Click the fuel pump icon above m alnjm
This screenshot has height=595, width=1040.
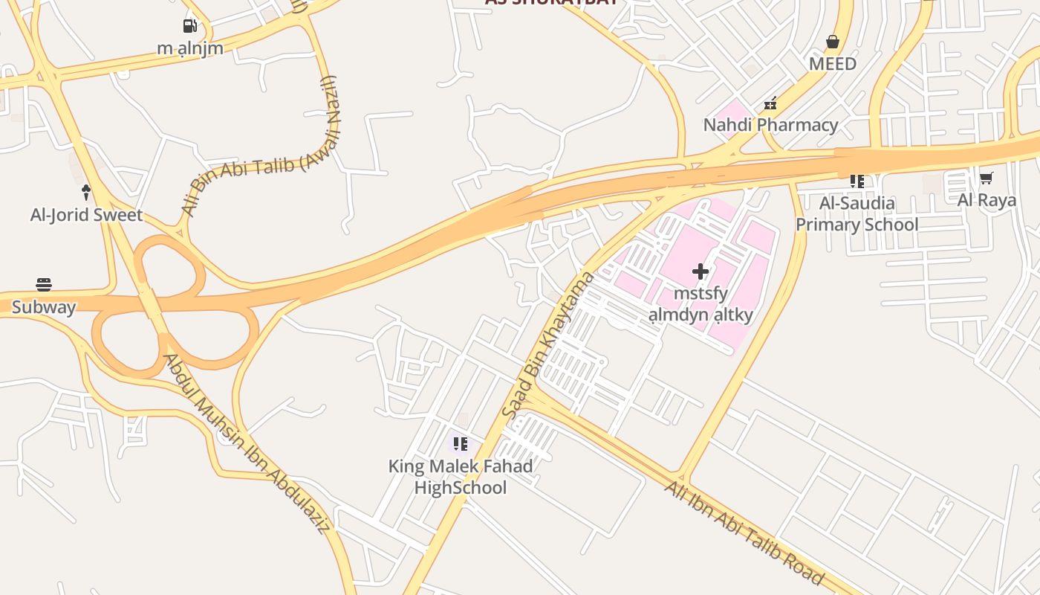[190, 26]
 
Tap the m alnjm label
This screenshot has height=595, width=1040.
[190, 48]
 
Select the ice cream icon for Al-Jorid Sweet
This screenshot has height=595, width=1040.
[86, 193]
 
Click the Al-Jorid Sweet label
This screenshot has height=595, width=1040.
[86, 215]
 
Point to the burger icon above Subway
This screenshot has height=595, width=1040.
[44, 285]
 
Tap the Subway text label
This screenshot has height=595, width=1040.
[44, 307]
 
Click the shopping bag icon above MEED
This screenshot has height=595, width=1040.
[833, 42]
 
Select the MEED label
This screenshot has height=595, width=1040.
[833, 64]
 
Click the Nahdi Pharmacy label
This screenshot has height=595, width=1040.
[770, 125]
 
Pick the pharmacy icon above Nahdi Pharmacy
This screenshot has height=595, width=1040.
[770, 103]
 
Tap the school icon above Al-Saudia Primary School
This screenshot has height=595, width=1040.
[857, 181]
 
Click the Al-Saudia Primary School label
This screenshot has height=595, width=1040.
[857, 213]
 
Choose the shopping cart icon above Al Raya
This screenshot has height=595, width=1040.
[986, 178]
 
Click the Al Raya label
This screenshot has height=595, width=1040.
[987, 200]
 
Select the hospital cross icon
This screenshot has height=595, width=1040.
[701, 271]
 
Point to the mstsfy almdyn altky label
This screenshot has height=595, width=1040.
[701, 304]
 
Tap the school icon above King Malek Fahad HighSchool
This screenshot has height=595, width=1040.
[461, 444]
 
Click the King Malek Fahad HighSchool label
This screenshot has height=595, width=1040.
[461, 477]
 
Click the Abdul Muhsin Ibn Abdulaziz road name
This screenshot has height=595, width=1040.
[247, 444]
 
